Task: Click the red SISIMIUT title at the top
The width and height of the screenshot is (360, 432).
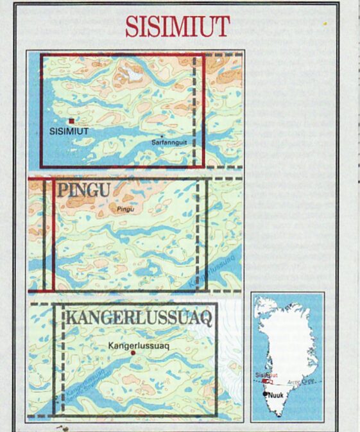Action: [x=177, y=26]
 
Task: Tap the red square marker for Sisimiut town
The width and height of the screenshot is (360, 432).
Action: [x=71, y=121]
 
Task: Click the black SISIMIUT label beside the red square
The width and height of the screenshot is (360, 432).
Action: [x=68, y=130]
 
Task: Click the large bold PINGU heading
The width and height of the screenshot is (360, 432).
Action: [x=83, y=191]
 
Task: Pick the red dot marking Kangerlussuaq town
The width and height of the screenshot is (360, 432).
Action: [x=133, y=352]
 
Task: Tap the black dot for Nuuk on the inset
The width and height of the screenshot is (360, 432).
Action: [x=266, y=393]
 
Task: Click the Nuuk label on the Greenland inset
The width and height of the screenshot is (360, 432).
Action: [x=275, y=396]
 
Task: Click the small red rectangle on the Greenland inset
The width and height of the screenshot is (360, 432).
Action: [x=265, y=380]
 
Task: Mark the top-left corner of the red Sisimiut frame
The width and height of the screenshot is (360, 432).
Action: [x=41, y=55]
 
